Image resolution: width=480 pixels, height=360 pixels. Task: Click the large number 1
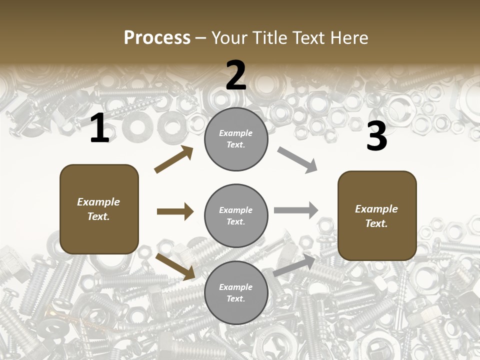coord(99,128)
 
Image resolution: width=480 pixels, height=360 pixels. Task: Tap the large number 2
coord(236,75)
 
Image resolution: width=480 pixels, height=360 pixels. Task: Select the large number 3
coord(376,136)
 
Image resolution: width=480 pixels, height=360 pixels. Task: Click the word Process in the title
coord(157,37)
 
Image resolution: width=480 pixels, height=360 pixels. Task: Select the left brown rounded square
coord(99,209)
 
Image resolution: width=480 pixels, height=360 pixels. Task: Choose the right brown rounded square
coord(377,215)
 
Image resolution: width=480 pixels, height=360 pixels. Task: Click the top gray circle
coord(236,139)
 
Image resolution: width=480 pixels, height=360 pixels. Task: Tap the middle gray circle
coord(236,215)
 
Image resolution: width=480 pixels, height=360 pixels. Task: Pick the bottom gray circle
coord(236,292)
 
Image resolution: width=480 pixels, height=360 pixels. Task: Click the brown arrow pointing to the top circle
coord(174,159)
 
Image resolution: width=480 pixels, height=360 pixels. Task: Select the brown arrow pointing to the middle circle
coord(175,211)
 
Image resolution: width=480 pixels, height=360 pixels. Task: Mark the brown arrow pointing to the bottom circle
coord(175,266)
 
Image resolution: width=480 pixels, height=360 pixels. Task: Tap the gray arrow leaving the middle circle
coord(296,210)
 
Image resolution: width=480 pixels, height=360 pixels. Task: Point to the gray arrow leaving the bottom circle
coord(294,265)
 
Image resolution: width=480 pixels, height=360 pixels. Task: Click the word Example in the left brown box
coord(98,202)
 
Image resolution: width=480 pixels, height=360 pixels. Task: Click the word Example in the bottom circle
coord(235,287)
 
